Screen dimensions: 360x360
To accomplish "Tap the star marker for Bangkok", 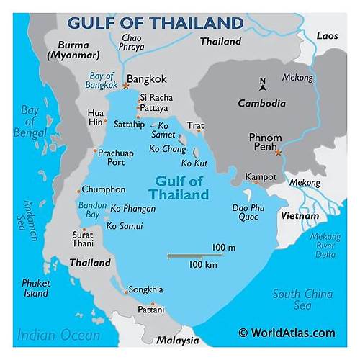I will pos(125,86).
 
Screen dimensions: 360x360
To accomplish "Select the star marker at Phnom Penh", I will pos(278,153).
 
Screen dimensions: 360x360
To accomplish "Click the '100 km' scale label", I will pos(203,265).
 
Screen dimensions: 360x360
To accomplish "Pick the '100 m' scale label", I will pos(223,247).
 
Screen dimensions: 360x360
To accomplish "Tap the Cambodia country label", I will pos(261,103).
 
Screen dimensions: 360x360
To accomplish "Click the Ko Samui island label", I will pos(125,226).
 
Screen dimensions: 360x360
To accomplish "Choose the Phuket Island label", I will pos(34,288).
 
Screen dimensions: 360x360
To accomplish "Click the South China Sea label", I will pos(302,300).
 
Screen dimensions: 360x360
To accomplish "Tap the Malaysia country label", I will pos(178,341).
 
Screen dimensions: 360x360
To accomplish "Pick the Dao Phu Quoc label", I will pos(247,212).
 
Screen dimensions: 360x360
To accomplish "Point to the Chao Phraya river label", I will pos(131,42).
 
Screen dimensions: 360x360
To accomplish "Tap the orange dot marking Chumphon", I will pos(78,191).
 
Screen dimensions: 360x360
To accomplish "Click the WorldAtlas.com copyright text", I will pos(287,333).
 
